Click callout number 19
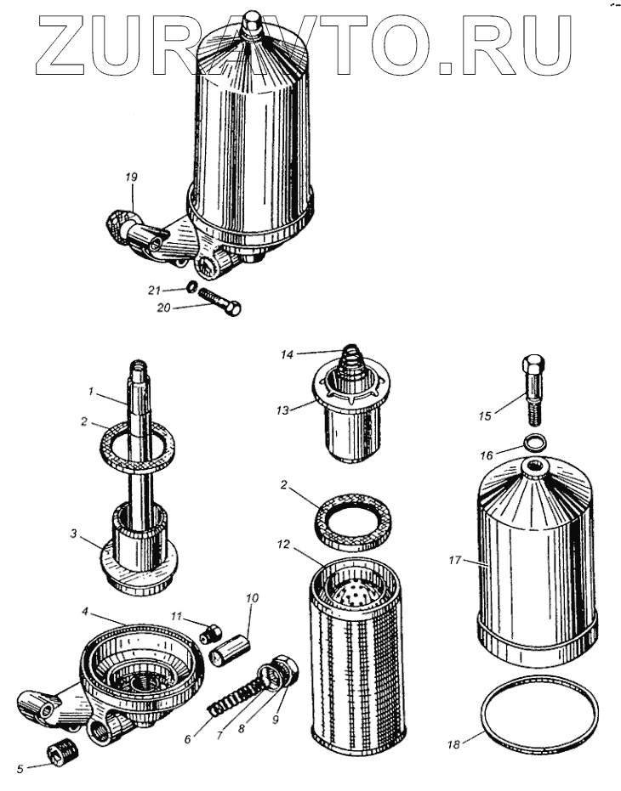coord(130,177)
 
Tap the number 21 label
coord(153,291)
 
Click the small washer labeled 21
coord(193,287)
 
